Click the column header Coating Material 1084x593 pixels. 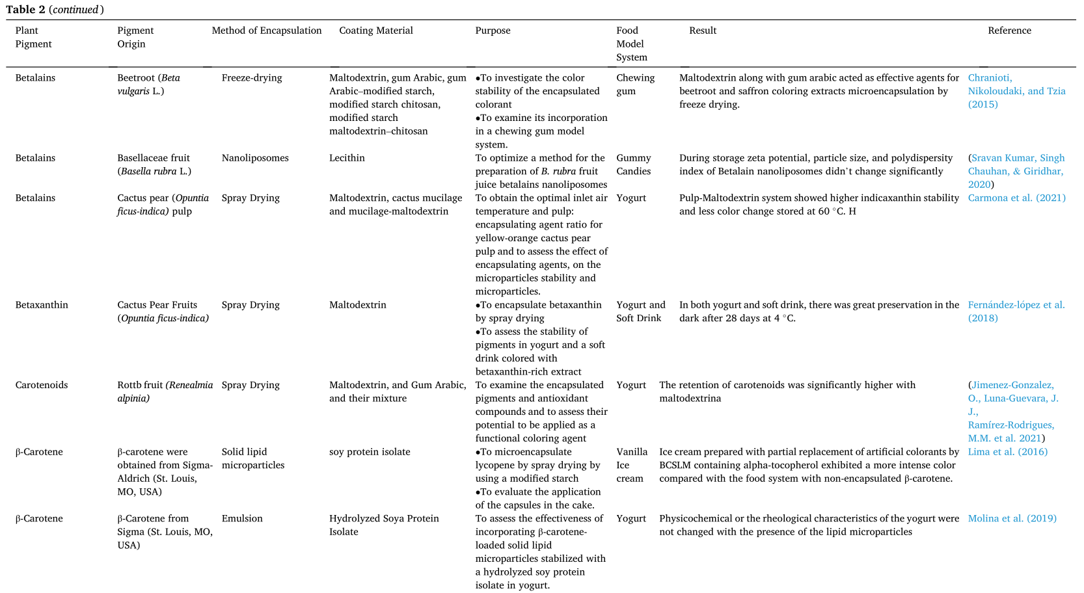375,31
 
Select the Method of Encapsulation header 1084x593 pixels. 267,31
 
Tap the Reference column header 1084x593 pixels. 1009,31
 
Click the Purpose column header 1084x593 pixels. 493,31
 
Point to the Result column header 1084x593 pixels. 703,31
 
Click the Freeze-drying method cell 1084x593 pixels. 252,78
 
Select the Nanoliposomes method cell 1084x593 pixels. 255,158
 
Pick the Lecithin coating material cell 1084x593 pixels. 347,158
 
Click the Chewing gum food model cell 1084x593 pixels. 635,85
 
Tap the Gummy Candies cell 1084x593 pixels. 634,165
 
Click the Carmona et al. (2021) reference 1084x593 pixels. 1016,198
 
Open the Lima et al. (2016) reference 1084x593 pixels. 1007,452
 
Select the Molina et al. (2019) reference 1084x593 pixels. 1012,519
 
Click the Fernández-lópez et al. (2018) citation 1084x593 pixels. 1016,311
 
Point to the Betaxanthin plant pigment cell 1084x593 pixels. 42,305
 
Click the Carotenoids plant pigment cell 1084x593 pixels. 42,385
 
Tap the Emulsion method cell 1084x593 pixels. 242,519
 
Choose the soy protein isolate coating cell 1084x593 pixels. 370,452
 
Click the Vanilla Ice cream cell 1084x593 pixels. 632,465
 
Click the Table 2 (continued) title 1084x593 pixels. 55,10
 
